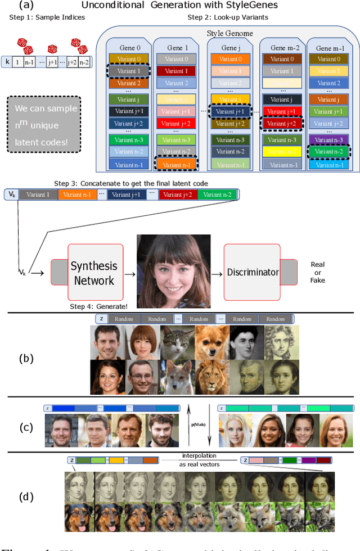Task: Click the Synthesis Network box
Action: tap(94, 272)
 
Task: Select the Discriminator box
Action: tap(253, 272)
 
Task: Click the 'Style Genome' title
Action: tap(229, 34)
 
